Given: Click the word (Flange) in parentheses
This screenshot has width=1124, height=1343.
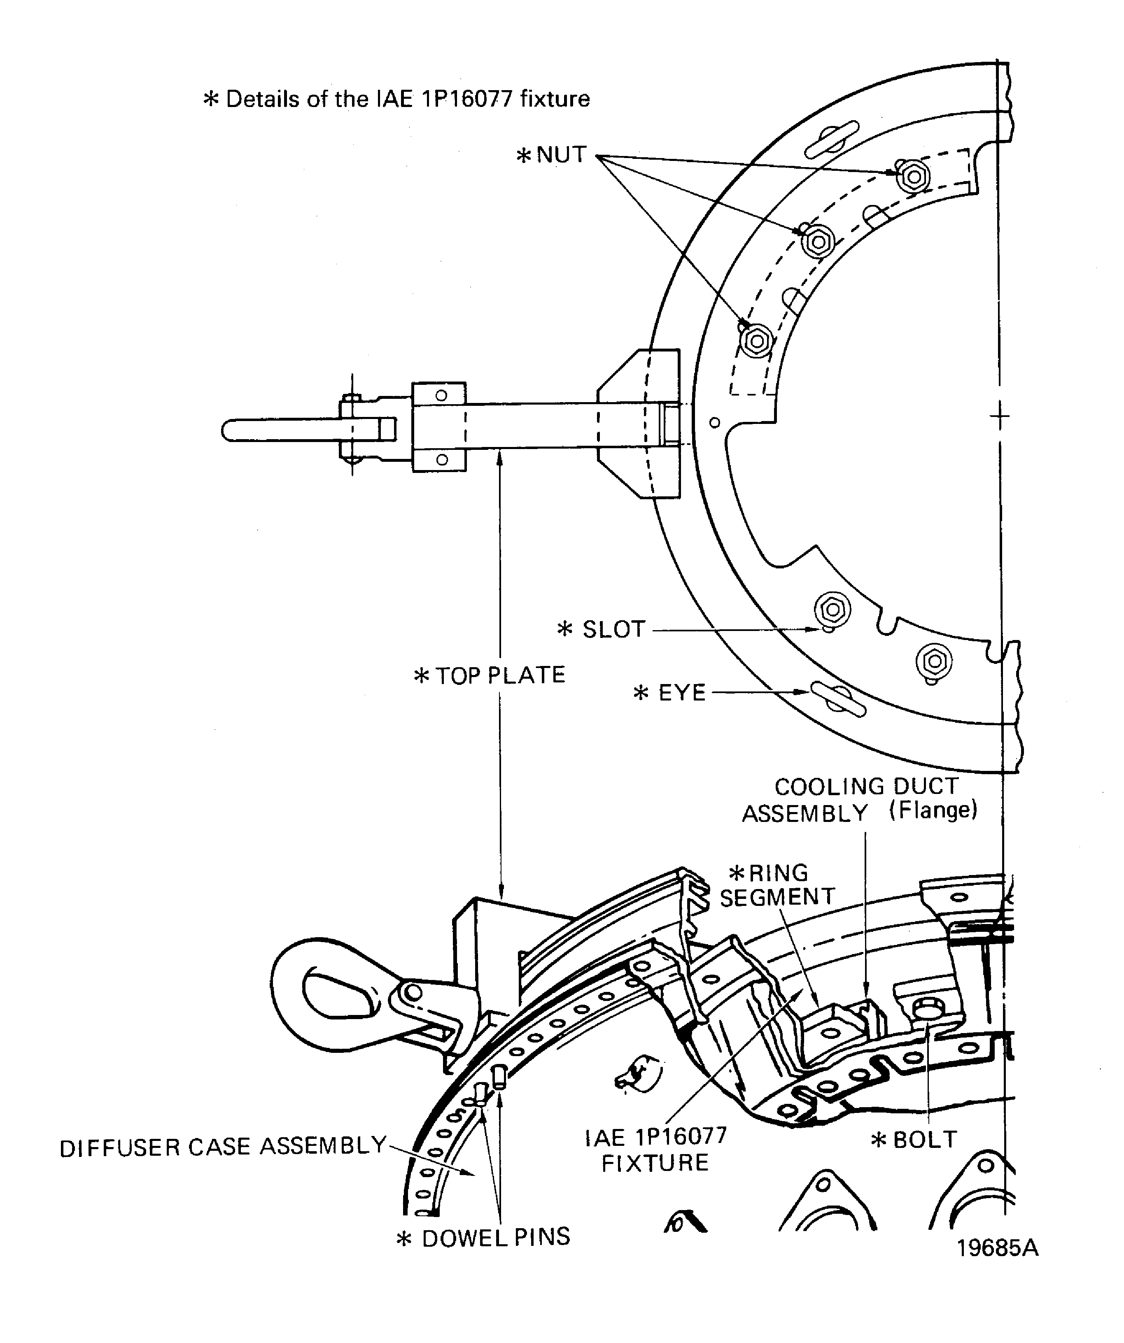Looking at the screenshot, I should [933, 810].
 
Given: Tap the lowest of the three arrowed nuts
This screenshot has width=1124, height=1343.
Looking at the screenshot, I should [758, 340].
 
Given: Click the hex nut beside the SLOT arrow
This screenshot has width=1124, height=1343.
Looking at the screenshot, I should [832, 610].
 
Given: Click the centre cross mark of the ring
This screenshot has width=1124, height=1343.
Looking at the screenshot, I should [999, 417].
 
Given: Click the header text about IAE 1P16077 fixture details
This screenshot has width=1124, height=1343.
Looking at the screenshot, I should [396, 99].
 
